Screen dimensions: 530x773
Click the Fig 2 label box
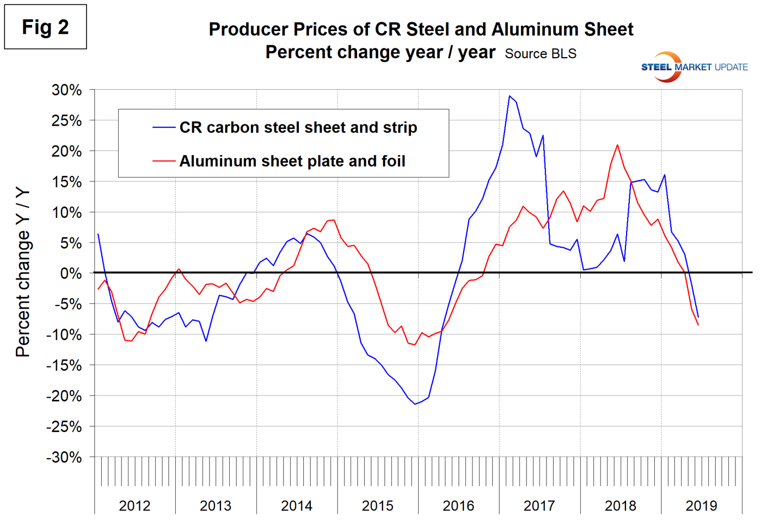pos(45,27)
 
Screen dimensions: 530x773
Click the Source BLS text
pos(540,54)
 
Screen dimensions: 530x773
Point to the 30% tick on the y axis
pos(67,90)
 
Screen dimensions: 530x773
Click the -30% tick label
pos(64,458)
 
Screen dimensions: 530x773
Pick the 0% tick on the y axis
pos(71,273)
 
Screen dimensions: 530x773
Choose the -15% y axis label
pos(64,365)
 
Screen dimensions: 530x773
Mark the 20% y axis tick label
pos(67,151)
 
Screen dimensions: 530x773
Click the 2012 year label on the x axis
pos(134,505)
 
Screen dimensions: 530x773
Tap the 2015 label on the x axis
pos(377,505)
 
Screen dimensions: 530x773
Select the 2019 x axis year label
pos(701,505)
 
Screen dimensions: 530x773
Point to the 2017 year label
pos(539,505)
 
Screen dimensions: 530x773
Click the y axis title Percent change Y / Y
pos(23,273)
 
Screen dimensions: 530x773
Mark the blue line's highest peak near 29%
pos(510,96)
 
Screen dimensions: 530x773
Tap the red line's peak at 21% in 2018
pos(617,145)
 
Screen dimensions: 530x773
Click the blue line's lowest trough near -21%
pos(415,404)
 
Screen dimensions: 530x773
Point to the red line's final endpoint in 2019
pos(698,325)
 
